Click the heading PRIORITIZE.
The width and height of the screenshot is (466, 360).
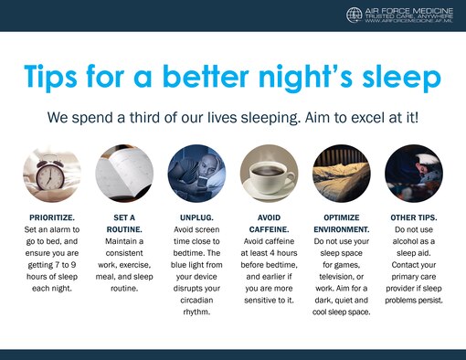tap(50, 216)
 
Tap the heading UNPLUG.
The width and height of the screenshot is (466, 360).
tap(195, 216)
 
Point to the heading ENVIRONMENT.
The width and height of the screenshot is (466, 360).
tap(341, 228)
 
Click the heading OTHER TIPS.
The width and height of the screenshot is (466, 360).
tap(413, 216)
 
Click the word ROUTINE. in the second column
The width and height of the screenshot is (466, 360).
tap(122, 228)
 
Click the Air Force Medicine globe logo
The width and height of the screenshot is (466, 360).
tap(355, 15)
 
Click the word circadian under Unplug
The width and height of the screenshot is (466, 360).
tap(195, 297)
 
